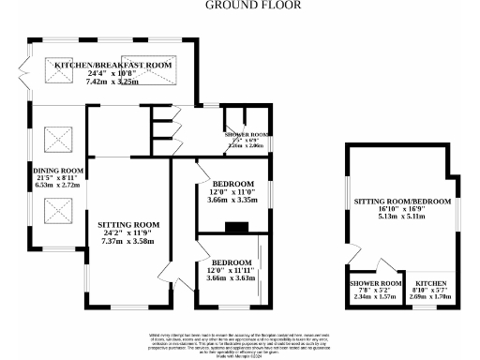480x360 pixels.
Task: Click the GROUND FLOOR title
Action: [239, 5]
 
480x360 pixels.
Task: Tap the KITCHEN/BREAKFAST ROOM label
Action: [112, 64]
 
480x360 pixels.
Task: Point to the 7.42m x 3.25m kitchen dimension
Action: [112, 82]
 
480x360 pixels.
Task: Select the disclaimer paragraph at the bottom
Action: [239, 343]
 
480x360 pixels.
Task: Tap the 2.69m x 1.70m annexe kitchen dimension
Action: [432, 299]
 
